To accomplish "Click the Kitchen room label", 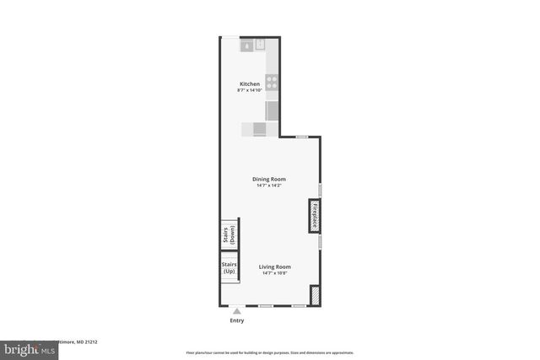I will point(250,83).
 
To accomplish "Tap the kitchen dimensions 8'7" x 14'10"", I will point(250,89).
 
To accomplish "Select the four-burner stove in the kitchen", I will point(273,83).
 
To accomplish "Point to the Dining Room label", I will point(270,179).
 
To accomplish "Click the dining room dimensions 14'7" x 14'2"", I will point(270,185).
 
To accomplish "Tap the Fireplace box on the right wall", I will point(314,216).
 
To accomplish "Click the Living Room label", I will point(276,266).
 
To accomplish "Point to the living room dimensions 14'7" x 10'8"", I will point(276,273).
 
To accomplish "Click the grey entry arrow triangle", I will point(236,311).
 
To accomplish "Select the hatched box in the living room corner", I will point(315,295).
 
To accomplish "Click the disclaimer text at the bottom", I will point(270,352).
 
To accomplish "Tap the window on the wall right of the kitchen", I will point(301,137).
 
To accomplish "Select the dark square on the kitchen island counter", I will point(259,129).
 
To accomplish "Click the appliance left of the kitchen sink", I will point(247,46).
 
